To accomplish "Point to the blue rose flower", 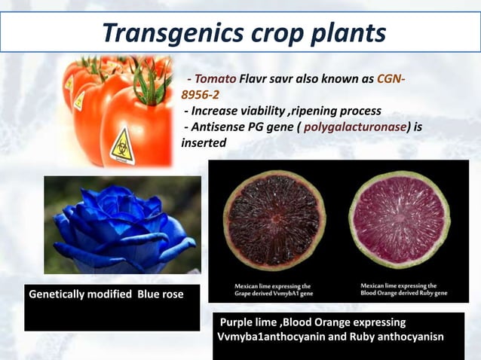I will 121,226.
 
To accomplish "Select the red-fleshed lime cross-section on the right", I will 400,220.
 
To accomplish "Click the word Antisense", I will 220,127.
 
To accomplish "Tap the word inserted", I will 204,142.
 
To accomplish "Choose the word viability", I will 264,111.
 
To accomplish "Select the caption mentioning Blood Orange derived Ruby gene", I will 399,290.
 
